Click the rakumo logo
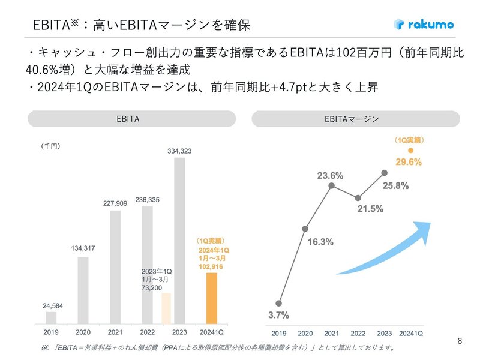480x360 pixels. (x=424, y=25)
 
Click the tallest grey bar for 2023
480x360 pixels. (x=179, y=240)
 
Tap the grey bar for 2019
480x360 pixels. (x=51, y=317)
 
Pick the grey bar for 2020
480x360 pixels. (x=83, y=290)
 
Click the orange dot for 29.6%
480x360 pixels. (x=410, y=150)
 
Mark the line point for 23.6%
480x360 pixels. (x=331, y=186)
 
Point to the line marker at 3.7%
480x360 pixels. (x=279, y=303)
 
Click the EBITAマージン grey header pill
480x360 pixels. (x=355, y=119)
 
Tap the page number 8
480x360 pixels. (x=460, y=341)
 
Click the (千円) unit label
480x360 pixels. (x=51, y=146)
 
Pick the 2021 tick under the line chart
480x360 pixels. (x=331, y=333)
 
